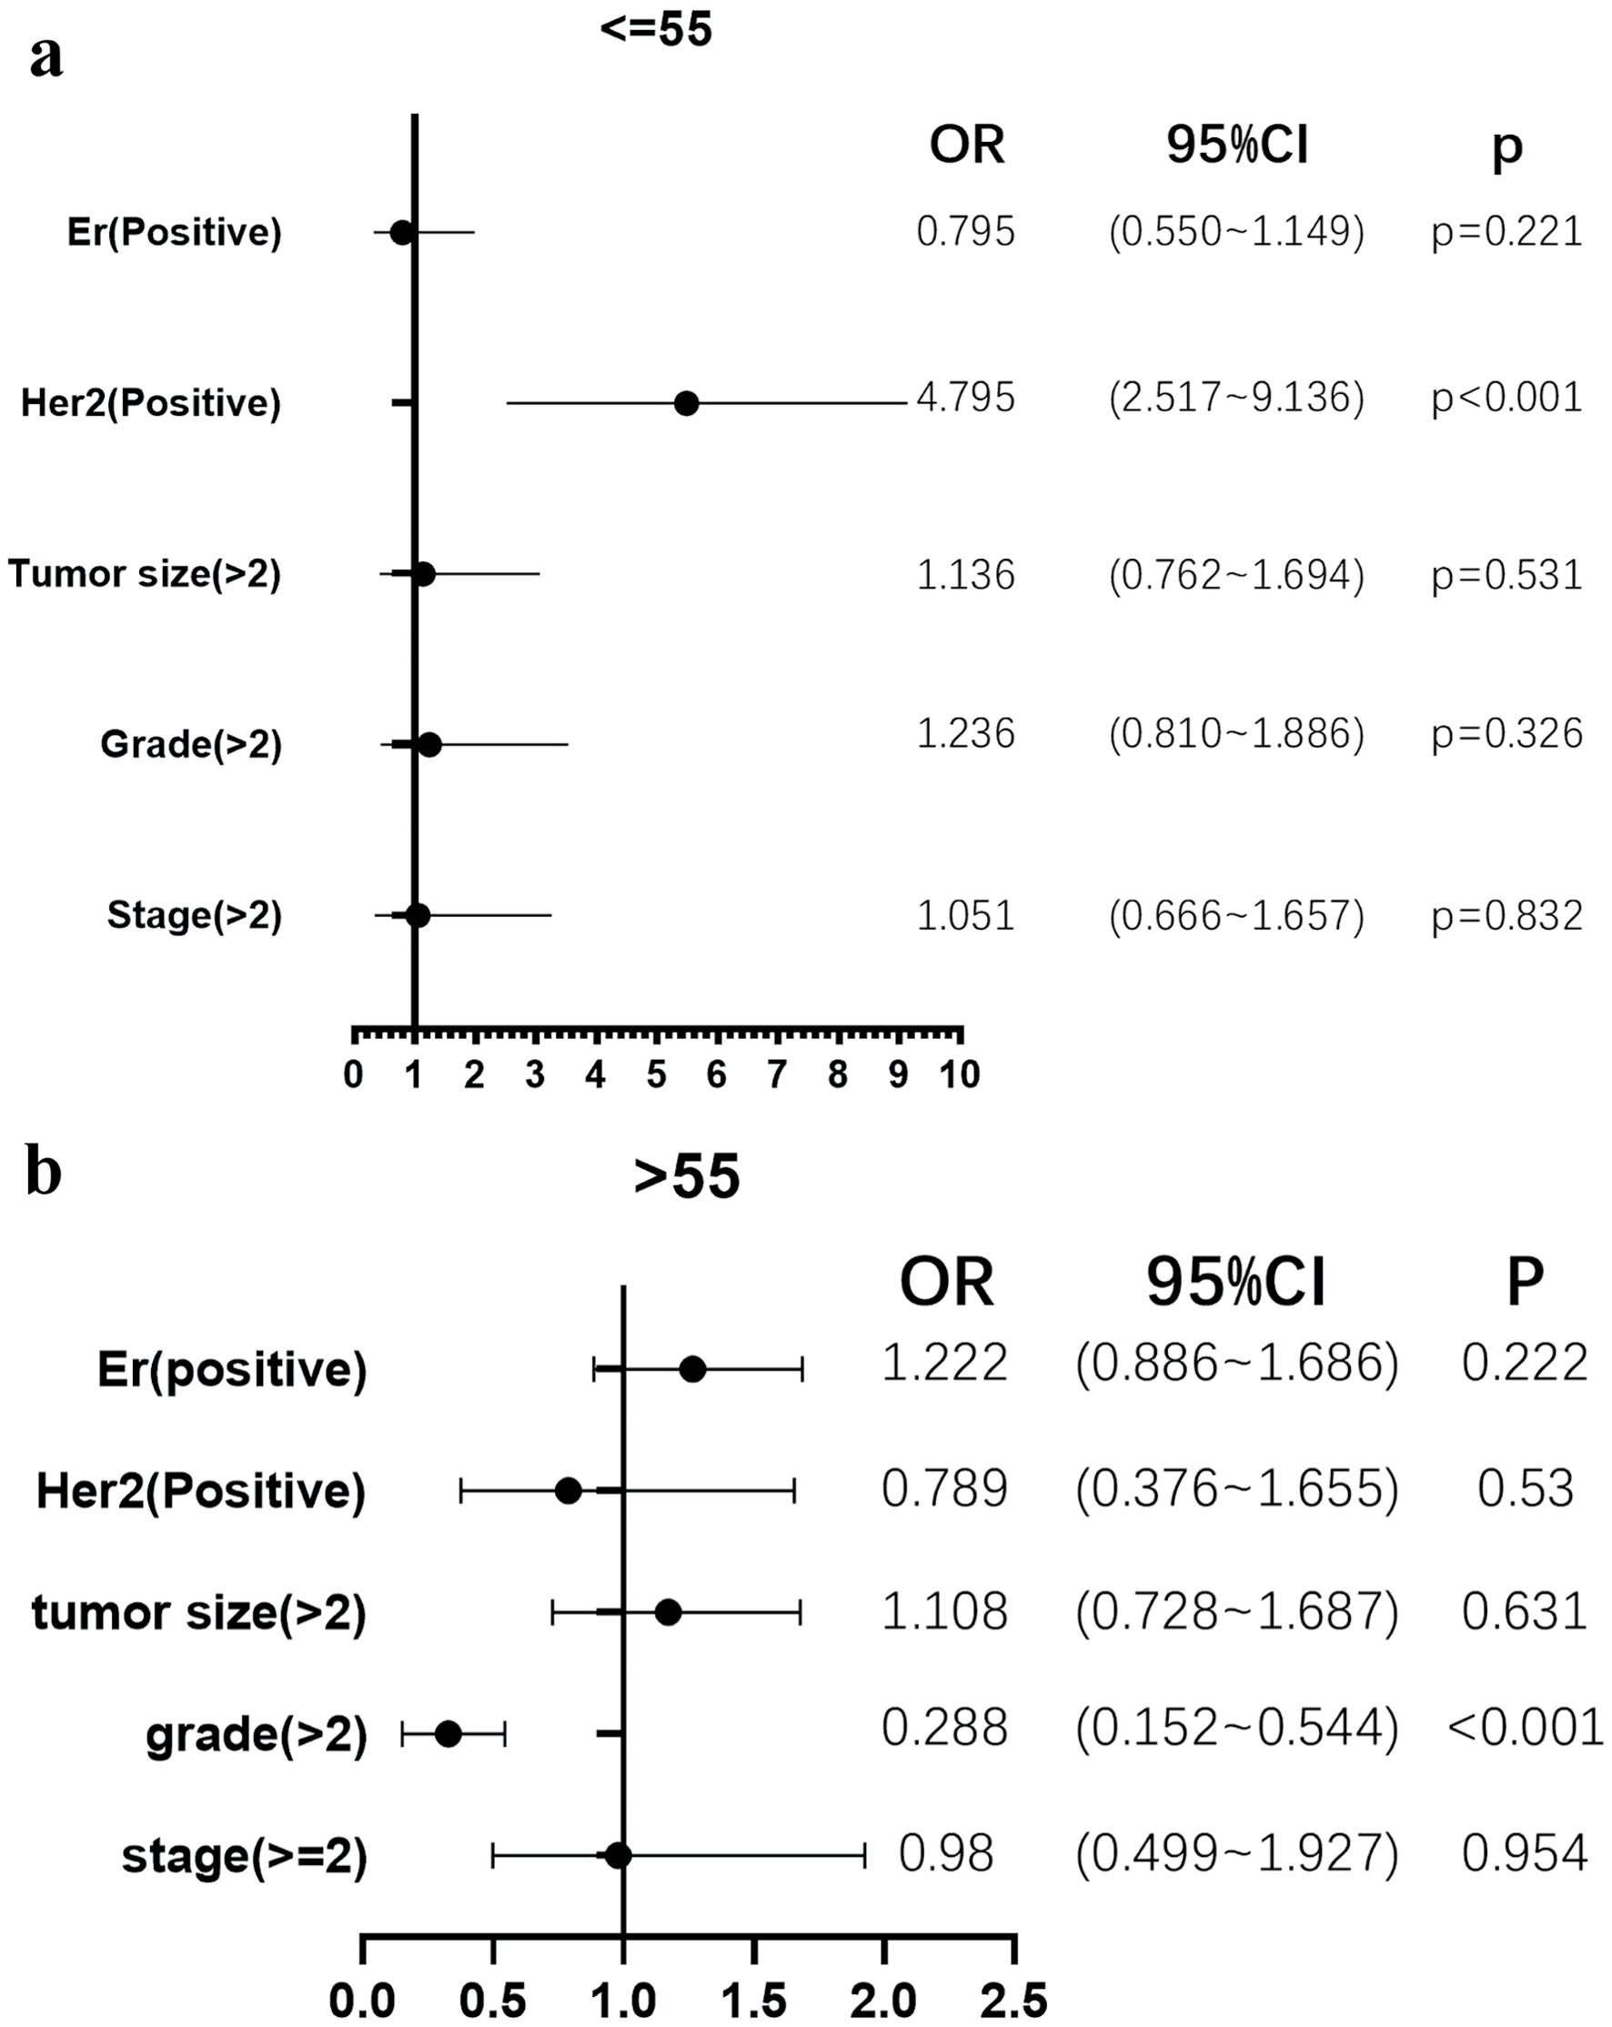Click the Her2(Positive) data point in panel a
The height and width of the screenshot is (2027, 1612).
click(x=686, y=403)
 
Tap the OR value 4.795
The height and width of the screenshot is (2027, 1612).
click(x=965, y=398)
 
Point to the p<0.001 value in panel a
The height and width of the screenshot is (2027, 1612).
click(x=1506, y=398)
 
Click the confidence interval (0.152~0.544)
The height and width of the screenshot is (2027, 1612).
click(x=1237, y=1727)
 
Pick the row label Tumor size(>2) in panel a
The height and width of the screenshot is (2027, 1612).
click(x=145, y=573)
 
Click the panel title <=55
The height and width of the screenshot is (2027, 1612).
click(x=656, y=29)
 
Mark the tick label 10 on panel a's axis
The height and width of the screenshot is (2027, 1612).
click(x=959, y=1074)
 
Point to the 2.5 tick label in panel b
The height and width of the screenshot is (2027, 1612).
click(x=1013, y=2002)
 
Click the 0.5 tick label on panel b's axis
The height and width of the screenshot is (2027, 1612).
click(x=492, y=2002)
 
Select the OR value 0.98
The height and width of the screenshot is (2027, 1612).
click(x=945, y=1853)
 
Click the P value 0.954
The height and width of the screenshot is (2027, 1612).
click(x=1525, y=1853)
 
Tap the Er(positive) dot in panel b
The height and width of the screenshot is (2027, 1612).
click(x=692, y=1369)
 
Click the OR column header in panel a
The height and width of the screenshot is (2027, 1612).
click(x=966, y=145)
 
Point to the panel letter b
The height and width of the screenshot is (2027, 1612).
click(x=44, y=1173)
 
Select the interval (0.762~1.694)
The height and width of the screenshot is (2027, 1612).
click(x=1237, y=574)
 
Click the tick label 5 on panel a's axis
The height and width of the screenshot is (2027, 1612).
click(x=656, y=1074)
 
